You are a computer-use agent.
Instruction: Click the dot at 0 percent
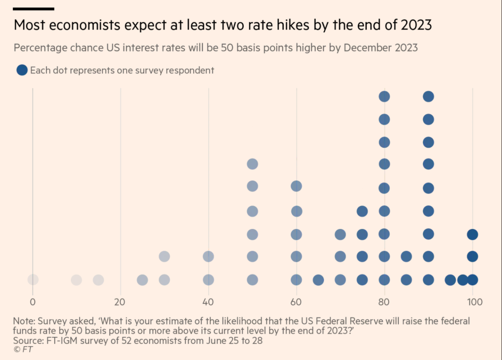[33, 279]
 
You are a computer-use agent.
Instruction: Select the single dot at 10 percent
[76, 279]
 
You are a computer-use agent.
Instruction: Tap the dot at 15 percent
[98, 279]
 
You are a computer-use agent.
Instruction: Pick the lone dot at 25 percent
[143, 279]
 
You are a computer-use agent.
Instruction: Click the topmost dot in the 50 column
[252, 164]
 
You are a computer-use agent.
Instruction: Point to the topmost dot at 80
[384, 97]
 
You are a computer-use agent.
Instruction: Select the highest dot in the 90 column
[428, 97]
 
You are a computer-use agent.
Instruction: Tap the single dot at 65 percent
[319, 279]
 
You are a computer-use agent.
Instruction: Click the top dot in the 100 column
[472, 234]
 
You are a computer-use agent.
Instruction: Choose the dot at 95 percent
[450, 279]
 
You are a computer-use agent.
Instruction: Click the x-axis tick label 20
[120, 302]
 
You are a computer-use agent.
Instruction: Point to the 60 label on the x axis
[296, 302]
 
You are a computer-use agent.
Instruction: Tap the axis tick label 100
[473, 302]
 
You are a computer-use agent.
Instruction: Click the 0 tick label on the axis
[33, 302]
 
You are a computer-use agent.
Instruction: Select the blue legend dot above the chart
[22, 70]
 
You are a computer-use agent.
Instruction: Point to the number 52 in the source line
[123, 340]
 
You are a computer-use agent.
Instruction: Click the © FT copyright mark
[23, 350]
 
